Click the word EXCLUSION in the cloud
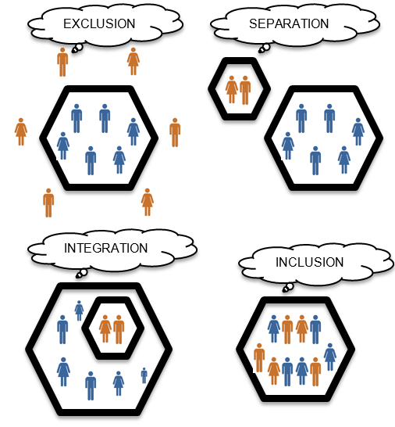click(99, 23)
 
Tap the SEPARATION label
click(289, 23)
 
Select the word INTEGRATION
click(105, 248)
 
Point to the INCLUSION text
click(310, 262)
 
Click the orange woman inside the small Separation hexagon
click(232, 90)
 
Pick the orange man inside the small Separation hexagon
click(245, 90)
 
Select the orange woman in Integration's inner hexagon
click(105, 329)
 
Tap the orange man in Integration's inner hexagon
click(119, 329)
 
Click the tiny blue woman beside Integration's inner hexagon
click(79, 310)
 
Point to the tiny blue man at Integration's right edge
click(144, 375)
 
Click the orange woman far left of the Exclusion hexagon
click(21, 132)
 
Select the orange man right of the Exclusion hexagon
click(175, 133)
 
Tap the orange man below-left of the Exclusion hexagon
click(48, 203)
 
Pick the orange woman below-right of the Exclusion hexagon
click(148, 202)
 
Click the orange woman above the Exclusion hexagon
click(133, 62)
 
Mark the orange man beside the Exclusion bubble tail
click(62, 63)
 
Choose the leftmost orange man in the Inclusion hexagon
click(259, 358)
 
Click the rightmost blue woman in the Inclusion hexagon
click(330, 357)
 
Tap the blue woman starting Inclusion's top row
click(274, 329)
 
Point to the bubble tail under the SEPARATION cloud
click(264, 48)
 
